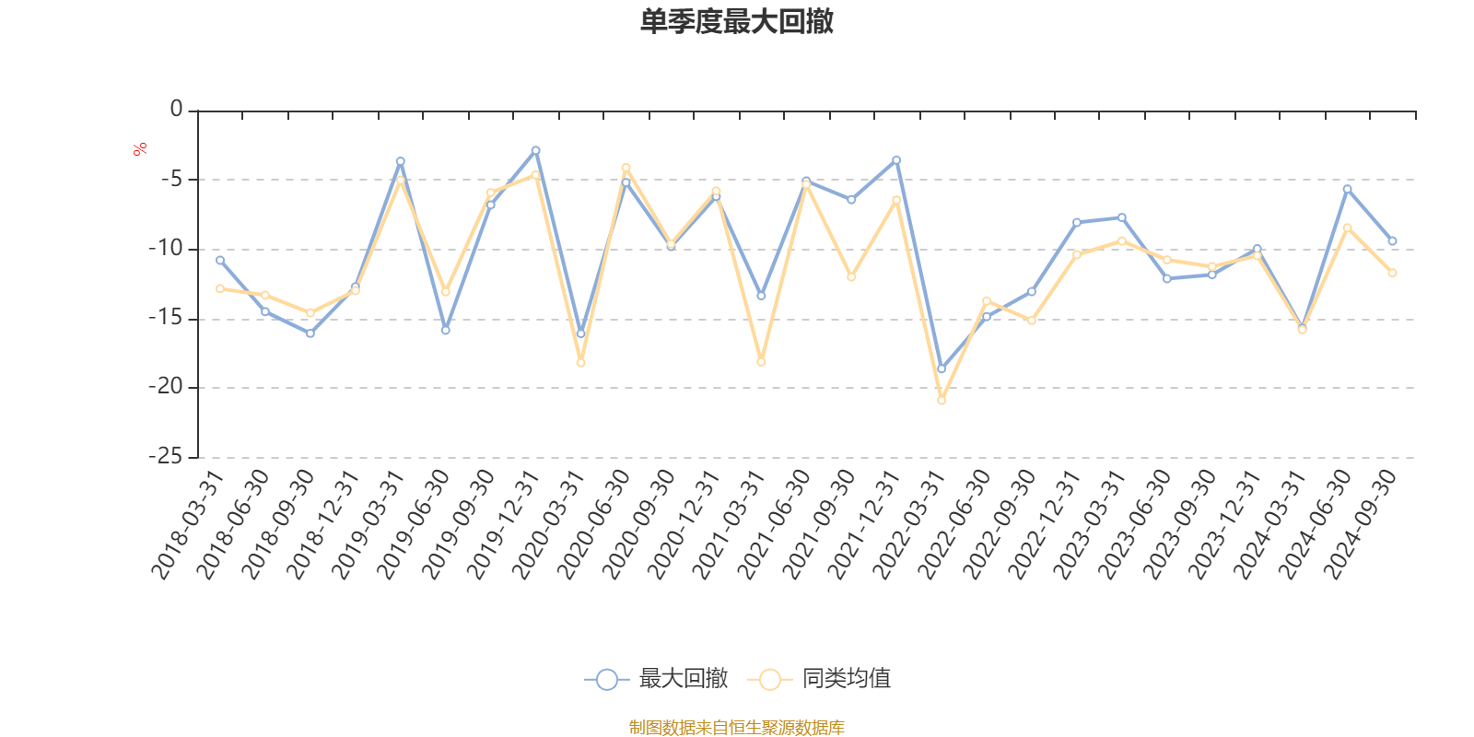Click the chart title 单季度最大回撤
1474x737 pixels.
[736, 22]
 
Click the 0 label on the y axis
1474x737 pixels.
[177, 111]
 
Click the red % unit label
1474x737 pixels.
[140, 149]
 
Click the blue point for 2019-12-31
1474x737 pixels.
[535, 150]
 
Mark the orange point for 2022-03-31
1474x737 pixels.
[942, 401]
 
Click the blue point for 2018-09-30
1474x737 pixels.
[310, 333]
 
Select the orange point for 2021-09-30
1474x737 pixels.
[851, 277]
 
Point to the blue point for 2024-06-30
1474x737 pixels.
[1347, 189]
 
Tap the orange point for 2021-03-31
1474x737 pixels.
[761, 362]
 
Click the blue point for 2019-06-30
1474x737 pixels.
[445, 330]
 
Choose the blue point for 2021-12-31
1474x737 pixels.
[896, 160]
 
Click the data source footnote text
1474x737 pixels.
[736, 728]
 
